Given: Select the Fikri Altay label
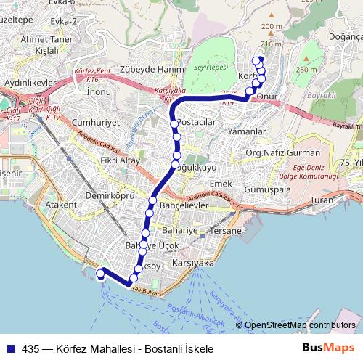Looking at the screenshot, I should [x=120, y=160].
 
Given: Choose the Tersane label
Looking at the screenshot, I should [x=225, y=230].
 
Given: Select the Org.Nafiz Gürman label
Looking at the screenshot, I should [x=283, y=153].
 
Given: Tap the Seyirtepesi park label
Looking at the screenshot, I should [x=211, y=66].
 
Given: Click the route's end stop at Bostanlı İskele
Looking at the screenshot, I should [x=100, y=274].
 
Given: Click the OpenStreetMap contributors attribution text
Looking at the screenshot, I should [x=300, y=325].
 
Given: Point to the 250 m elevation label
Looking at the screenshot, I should [x=306, y=70].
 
